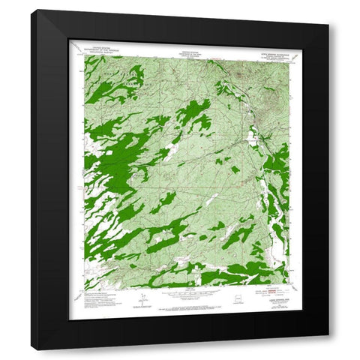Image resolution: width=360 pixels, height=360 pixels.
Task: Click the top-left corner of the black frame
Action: click(32, 10)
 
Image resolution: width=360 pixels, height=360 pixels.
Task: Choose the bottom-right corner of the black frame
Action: click(328, 349)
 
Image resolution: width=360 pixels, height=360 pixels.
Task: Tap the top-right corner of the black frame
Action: click(328, 10)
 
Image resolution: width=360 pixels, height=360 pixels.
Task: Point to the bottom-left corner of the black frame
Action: click(32, 349)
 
